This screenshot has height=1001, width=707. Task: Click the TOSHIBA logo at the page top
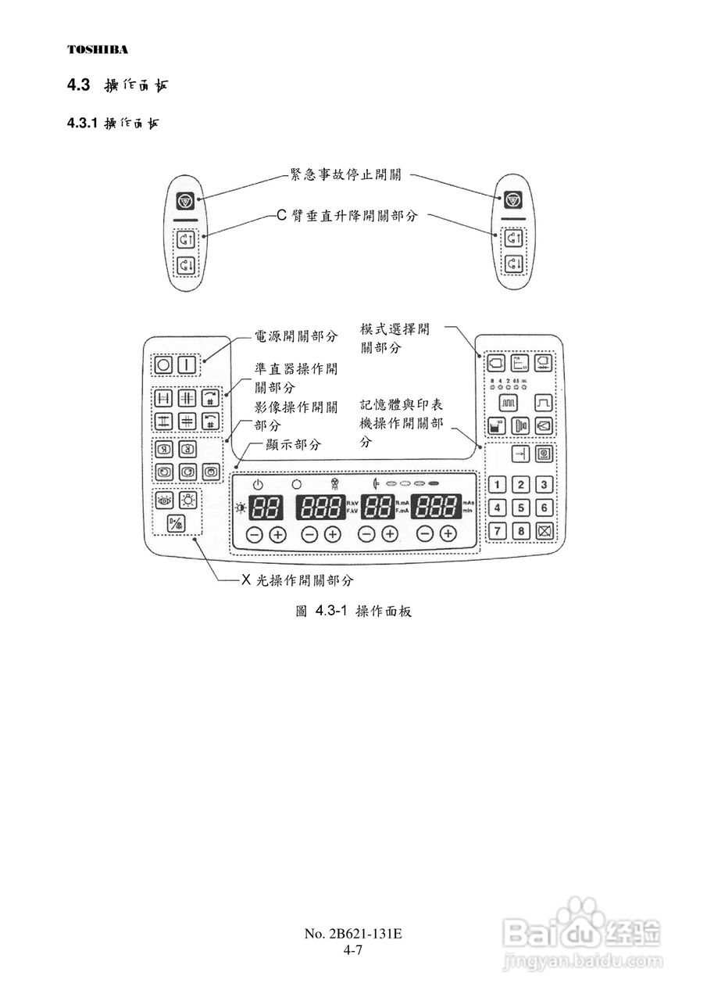click(x=97, y=49)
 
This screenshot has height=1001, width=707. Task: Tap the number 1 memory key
click(x=497, y=485)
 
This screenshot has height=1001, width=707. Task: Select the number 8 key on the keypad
click(x=520, y=532)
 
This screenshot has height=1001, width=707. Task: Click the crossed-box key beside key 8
click(x=544, y=532)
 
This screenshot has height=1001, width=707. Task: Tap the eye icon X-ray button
click(x=165, y=502)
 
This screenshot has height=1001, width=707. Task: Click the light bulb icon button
click(x=188, y=502)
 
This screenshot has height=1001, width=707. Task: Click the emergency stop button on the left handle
click(x=186, y=201)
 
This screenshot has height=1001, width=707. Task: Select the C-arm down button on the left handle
click(x=186, y=264)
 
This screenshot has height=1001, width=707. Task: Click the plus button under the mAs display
click(x=448, y=534)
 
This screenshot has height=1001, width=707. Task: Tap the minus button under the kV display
click(x=310, y=534)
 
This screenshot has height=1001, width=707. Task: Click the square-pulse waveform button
click(x=543, y=402)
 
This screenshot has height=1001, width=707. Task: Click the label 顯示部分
click(x=293, y=444)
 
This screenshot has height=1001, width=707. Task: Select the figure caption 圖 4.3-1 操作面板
click(x=353, y=611)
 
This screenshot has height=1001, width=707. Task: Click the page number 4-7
click(x=353, y=951)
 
